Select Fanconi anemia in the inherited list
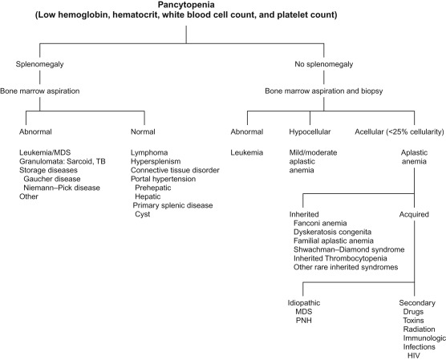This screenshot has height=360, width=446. click(322, 224)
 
